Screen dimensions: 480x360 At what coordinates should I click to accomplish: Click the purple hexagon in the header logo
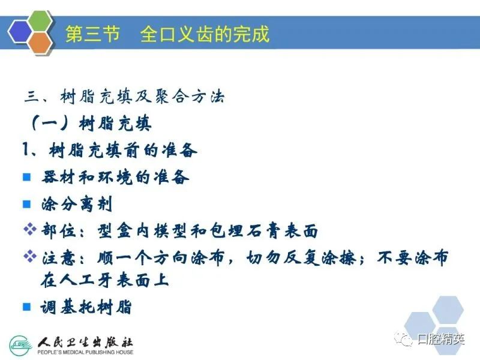pyautogui.click(x=20, y=32)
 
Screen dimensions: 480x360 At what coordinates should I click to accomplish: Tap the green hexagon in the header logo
pyautogui.click(x=41, y=21)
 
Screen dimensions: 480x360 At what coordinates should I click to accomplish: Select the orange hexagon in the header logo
pyautogui.click(x=40, y=43)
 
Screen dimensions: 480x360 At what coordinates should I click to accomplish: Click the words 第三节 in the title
pyautogui.click(x=92, y=34)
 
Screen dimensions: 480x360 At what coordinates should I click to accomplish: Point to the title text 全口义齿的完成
pyautogui.click(x=205, y=34)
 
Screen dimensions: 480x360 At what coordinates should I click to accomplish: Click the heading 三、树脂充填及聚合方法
pyautogui.click(x=125, y=97)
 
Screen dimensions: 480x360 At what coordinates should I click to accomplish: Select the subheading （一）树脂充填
pyautogui.click(x=91, y=124)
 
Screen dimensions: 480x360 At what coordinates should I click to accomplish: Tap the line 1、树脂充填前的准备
pyautogui.click(x=110, y=151)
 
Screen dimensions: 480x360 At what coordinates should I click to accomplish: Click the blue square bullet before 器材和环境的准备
pyautogui.click(x=27, y=177)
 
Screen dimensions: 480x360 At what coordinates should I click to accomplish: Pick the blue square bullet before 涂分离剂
pyautogui.click(x=27, y=204)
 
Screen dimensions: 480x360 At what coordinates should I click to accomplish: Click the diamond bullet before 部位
pyautogui.click(x=30, y=229)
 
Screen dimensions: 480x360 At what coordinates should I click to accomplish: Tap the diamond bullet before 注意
pyautogui.click(x=30, y=256)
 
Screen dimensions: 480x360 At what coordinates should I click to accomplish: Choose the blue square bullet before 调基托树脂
pyautogui.click(x=27, y=307)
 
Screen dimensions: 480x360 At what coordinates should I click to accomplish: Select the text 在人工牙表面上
pyautogui.click(x=104, y=280)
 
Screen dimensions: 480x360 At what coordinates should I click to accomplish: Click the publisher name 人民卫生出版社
pyautogui.click(x=85, y=341)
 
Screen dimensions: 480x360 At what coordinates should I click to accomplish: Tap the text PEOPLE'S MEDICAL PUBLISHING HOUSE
pyautogui.click(x=85, y=352)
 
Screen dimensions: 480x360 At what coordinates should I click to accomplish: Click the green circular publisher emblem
pyautogui.click(x=21, y=346)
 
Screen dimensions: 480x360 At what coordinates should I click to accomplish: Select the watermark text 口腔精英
pyautogui.click(x=441, y=339)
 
